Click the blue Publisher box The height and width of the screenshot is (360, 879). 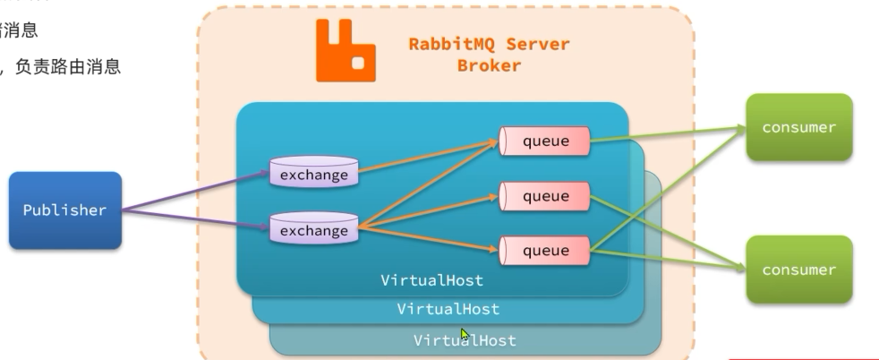pos(64,210)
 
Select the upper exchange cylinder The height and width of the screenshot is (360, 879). pos(313,174)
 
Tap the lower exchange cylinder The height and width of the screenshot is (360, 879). pos(313,230)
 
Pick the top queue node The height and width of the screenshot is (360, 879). pos(545,140)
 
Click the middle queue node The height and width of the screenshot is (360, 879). pos(545,196)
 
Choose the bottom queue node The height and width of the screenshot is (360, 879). pos(545,251)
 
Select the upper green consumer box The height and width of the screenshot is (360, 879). pos(798,127)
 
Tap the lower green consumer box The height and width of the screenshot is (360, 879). pos(798,270)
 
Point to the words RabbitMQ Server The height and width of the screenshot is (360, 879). pos(488,45)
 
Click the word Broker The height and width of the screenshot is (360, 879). pos(489,65)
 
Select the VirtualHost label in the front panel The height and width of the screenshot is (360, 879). pos(431,280)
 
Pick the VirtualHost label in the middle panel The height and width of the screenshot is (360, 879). pos(448,309)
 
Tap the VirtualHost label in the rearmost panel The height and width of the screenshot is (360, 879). pos(465,340)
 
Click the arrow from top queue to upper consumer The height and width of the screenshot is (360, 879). pos(667,134)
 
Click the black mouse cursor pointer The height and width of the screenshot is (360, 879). pos(465,335)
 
